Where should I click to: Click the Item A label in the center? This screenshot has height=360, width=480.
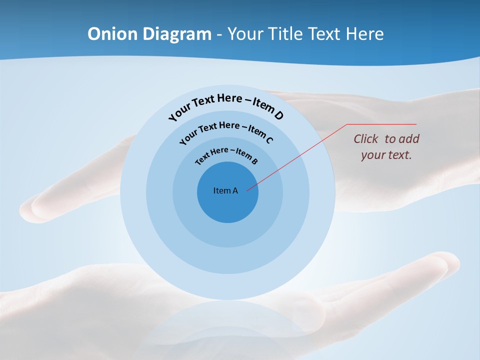[225, 190]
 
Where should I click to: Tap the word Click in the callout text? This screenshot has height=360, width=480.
[366, 139]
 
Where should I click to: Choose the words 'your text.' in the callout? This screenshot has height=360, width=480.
[386, 155]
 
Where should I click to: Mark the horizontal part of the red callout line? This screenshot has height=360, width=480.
[382, 124]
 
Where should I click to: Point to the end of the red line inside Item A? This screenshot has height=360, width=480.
[247, 189]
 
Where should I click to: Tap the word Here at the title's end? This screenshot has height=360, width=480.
[364, 34]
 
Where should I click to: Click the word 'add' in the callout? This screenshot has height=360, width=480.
[409, 139]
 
